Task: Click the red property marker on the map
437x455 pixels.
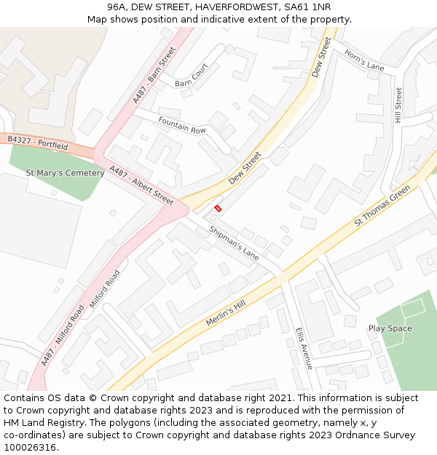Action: click(218, 208)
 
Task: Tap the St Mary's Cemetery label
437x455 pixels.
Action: click(65, 173)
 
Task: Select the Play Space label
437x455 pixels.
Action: click(390, 328)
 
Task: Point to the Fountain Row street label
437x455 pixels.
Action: click(182, 124)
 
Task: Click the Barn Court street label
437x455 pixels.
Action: click(192, 75)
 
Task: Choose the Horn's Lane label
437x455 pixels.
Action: click(364, 61)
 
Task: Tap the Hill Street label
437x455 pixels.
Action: click(398, 105)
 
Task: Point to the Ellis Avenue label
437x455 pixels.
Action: click(304, 349)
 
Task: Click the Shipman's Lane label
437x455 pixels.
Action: click(234, 243)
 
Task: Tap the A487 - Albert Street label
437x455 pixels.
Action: click(141, 185)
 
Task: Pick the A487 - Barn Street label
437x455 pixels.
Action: click(154, 76)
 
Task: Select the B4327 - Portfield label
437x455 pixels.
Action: click(37, 142)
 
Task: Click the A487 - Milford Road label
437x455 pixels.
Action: click(63, 333)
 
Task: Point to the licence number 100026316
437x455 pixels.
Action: click(29, 448)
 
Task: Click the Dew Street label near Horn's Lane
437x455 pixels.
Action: click(322, 57)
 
